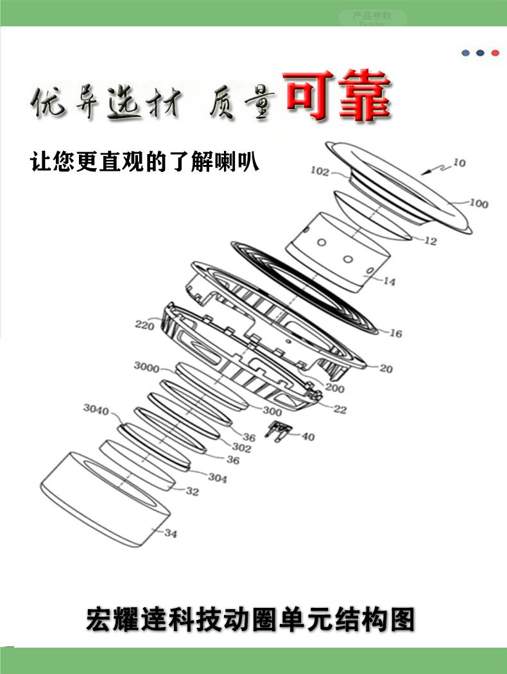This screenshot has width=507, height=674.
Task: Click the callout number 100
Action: [x=478, y=204]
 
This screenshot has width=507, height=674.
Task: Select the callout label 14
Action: [x=390, y=281]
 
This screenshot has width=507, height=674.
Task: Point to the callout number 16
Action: [x=396, y=333]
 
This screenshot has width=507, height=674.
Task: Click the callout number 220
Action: [x=144, y=325]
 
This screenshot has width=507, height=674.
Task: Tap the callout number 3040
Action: [x=96, y=409]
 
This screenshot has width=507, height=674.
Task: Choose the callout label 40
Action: [x=308, y=436]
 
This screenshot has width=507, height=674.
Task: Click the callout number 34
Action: [x=170, y=533]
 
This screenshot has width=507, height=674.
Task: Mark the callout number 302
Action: [x=241, y=448]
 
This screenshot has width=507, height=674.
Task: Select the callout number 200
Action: [x=334, y=388]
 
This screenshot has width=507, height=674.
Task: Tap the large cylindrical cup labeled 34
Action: [x=103, y=494]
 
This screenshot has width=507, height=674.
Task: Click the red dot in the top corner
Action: [x=495, y=53]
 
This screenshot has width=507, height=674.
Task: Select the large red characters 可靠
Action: [x=338, y=98]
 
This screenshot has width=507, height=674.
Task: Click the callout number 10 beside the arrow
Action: [x=459, y=163]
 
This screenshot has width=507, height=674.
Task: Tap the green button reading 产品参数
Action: [x=372, y=17]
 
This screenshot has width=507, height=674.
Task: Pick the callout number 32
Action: [x=193, y=492]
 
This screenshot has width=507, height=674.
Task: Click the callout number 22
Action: [x=339, y=410]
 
